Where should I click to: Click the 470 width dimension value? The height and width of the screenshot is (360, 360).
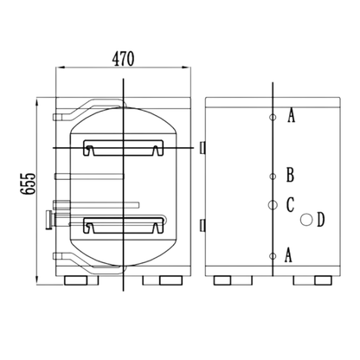coord(123,59)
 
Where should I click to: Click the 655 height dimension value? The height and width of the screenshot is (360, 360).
coord(28,183)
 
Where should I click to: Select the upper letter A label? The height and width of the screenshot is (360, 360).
coord(292,116)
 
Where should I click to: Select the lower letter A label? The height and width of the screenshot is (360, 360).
coord(288,255)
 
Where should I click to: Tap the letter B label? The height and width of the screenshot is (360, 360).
coord(290,175)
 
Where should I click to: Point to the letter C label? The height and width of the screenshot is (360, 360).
coord(290,204)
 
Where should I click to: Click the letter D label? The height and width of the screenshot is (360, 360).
coord(321,220)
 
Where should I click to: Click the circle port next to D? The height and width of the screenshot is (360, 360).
coord(306,220)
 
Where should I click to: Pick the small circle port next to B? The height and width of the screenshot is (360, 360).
coord(273,176)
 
